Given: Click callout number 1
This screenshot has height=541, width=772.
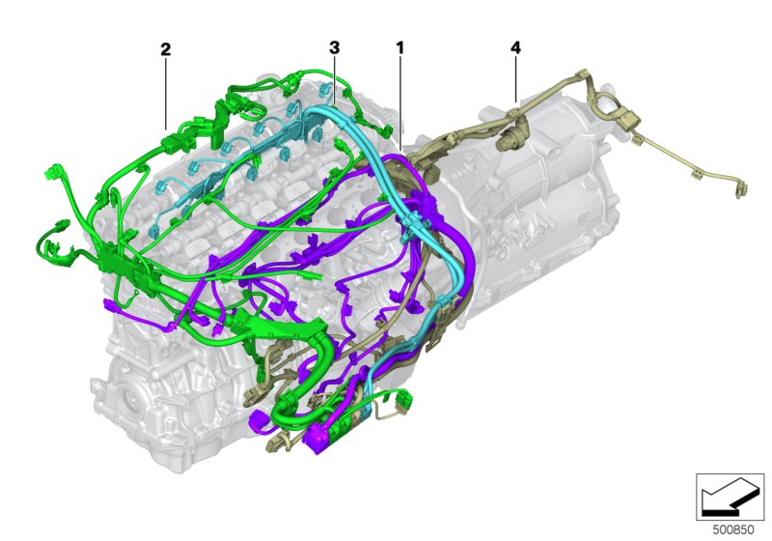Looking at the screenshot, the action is [400, 47].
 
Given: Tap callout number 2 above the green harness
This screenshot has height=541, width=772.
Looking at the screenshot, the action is [165, 49].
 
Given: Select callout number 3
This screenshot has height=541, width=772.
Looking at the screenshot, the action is [334, 47].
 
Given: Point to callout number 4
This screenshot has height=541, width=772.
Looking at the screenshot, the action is [515, 47].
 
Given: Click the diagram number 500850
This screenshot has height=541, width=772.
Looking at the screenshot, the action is [733, 530].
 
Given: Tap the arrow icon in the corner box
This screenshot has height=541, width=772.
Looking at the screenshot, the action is [730, 497].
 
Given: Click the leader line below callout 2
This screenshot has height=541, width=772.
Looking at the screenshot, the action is [166, 94].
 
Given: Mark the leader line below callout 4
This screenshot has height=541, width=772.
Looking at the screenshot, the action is [515, 80].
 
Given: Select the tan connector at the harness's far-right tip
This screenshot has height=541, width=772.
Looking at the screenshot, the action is [741, 189].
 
